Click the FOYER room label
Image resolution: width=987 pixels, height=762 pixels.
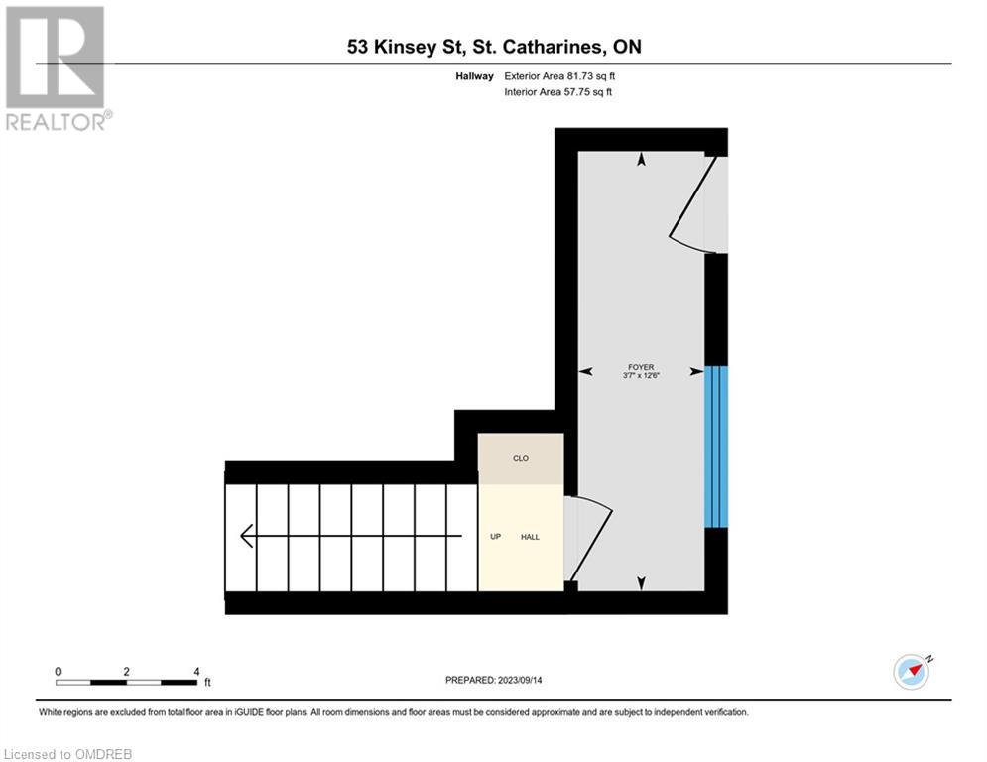[641, 366]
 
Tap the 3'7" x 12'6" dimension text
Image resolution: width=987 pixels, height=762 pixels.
[641, 375]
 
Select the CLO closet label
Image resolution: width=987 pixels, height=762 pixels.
[521, 458]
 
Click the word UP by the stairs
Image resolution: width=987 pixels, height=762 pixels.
[495, 537]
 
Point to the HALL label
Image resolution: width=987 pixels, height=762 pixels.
[530, 537]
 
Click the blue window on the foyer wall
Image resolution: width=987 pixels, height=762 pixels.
[716, 446]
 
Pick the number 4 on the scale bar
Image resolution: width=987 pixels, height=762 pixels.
[196, 671]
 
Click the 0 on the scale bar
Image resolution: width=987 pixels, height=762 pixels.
[59, 671]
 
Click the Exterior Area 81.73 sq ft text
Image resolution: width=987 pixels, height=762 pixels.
[567, 76]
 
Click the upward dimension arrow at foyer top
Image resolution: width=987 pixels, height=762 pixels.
[641, 159]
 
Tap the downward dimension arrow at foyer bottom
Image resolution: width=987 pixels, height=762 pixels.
[641, 582]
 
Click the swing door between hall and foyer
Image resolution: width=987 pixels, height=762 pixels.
[588, 536]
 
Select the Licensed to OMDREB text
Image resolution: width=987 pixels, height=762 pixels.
[66, 754]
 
